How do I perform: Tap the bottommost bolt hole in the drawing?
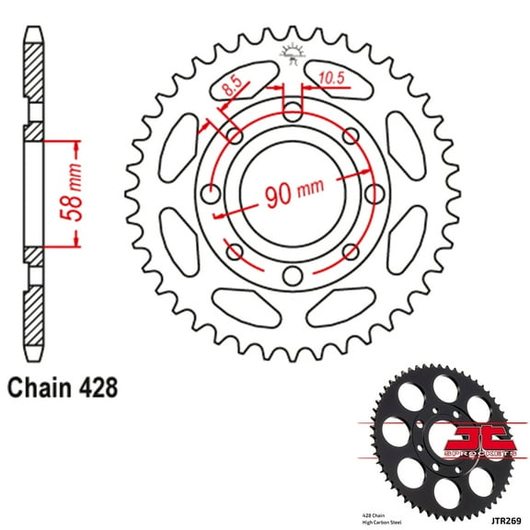point(293,275)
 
